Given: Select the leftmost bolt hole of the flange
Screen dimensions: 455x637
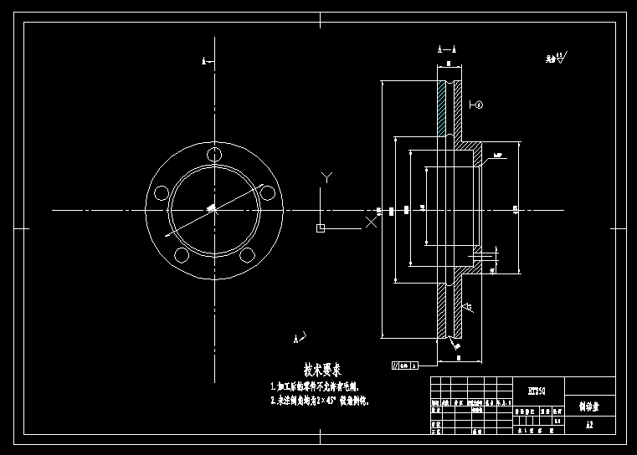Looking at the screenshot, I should pos(159,193).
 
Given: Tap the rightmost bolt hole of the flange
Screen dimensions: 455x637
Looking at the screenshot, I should pos(268,193).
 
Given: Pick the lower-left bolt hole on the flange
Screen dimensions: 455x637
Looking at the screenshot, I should pos(180,257).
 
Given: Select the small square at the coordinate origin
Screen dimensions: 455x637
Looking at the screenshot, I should pos(321,227).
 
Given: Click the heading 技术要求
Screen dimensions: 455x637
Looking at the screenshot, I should pos(321,369).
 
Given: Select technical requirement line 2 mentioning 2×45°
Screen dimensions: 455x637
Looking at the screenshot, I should pos(319,401).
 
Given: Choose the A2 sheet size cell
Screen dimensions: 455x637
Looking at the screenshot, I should pos(589,426).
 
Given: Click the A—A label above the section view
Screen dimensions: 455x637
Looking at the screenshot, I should pos(448,50).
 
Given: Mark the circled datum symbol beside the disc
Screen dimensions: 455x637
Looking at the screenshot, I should pos(479,105).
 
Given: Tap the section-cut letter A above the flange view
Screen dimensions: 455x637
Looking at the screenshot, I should pos(204,61).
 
